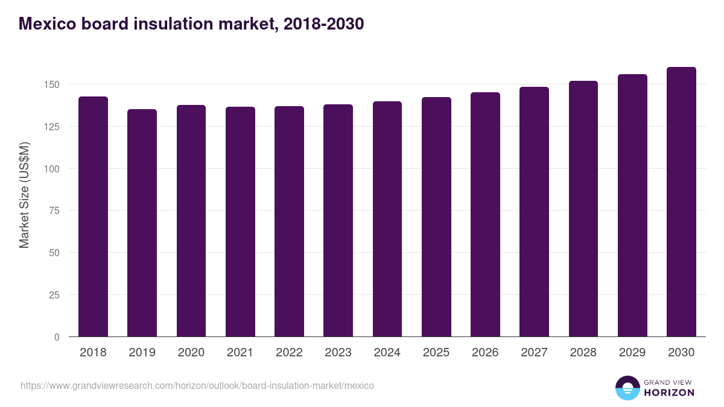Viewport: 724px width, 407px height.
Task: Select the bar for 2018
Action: tap(93, 217)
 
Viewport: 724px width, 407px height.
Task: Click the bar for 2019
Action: tap(142, 223)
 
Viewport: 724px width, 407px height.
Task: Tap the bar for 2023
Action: tap(338, 221)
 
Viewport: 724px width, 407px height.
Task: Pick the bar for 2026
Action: tap(485, 215)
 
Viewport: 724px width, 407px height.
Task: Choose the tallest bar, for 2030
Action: tap(681, 202)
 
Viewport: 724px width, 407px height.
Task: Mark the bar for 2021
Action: tap(240, 222)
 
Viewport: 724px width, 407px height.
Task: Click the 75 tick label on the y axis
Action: tap(55, 210)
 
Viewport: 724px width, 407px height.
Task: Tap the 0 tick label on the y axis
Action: tap(57, 337)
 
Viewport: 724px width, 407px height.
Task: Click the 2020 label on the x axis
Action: tap(191, 353)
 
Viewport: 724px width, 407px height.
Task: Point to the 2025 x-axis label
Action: tap(436, 353)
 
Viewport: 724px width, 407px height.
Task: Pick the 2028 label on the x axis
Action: tap(583, 353)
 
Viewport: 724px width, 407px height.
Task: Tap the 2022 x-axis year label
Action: tap(289, 353)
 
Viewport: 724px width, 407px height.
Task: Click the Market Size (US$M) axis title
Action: tap(24, 195)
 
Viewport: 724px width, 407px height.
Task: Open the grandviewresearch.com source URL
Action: tap(197, 385)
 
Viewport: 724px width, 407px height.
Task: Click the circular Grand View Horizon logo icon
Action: tap(627, 388)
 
